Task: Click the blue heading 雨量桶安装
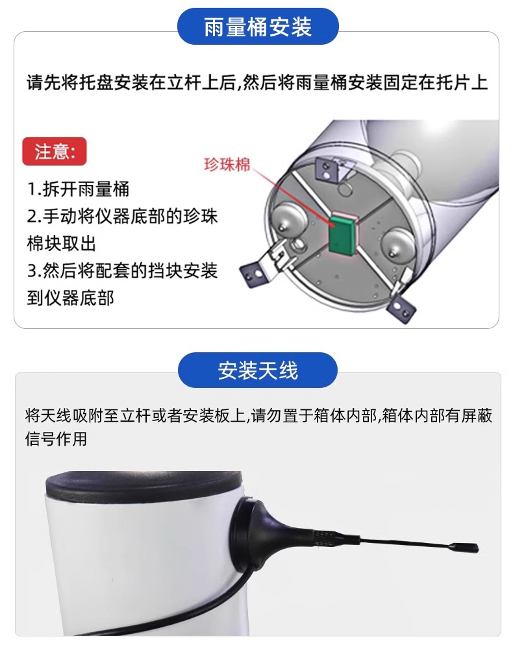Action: (258, 27)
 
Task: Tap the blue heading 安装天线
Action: (258, 370)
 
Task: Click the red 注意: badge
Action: (55, 151)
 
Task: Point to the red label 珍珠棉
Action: (227, 165)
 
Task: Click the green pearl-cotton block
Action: (341, 234)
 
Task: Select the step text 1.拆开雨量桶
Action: (78, 189)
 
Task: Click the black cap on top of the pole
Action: (144, 487)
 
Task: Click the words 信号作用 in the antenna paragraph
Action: (56, 439)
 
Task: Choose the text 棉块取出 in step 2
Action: (62, 244)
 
